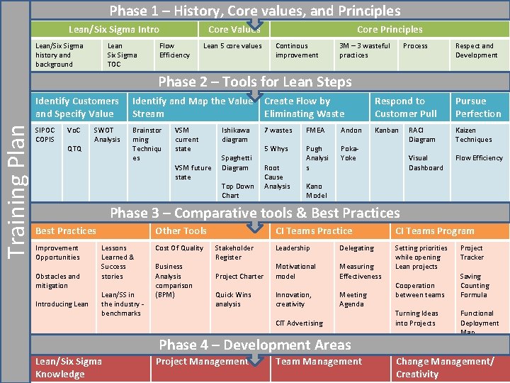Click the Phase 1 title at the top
pos(254,11)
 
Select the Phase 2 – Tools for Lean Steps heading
pos(254,82)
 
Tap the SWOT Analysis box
pos(107,135)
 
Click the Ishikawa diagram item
pos(236,135)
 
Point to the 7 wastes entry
pos(278,131)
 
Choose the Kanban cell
pos(387,131)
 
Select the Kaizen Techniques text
pos(473,135)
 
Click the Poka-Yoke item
pos(349,153)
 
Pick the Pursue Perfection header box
pos(478,107)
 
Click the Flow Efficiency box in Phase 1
pos(175,50)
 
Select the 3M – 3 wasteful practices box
pos(364,50)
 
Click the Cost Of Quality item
pos(179,248)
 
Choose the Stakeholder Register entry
pos(234,252)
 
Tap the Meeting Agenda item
pos(353,299)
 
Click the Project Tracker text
pos(472,252)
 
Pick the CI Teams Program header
pos(435,231)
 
